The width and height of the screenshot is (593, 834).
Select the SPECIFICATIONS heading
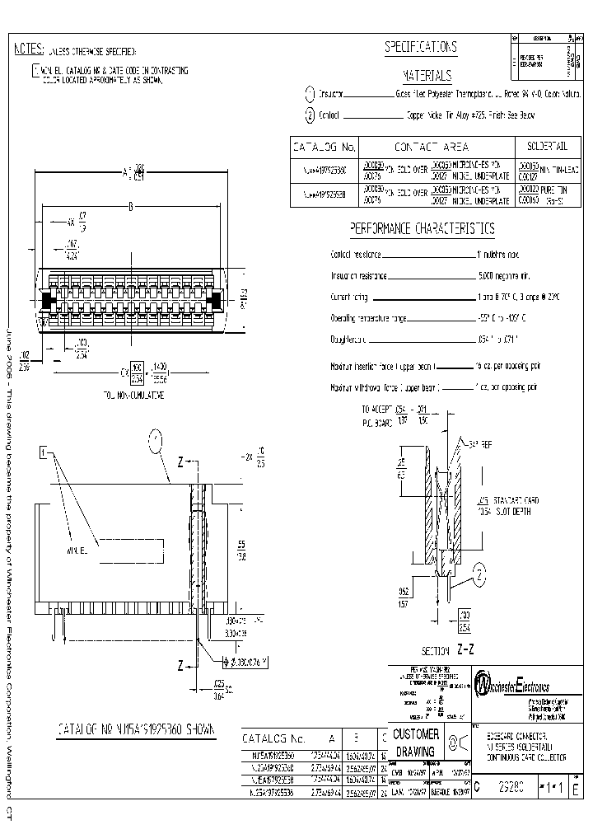pos(421,47)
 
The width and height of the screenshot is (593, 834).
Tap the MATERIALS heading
pos(427,76)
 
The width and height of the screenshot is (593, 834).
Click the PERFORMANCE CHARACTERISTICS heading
pos(422,228)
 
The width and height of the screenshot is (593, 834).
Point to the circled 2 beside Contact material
pos(310,116)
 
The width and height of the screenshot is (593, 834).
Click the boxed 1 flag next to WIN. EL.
pos(44,451)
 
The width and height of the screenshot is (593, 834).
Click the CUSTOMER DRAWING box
pos(416,743)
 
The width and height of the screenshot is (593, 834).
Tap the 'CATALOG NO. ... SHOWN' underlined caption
pos(134,729)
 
